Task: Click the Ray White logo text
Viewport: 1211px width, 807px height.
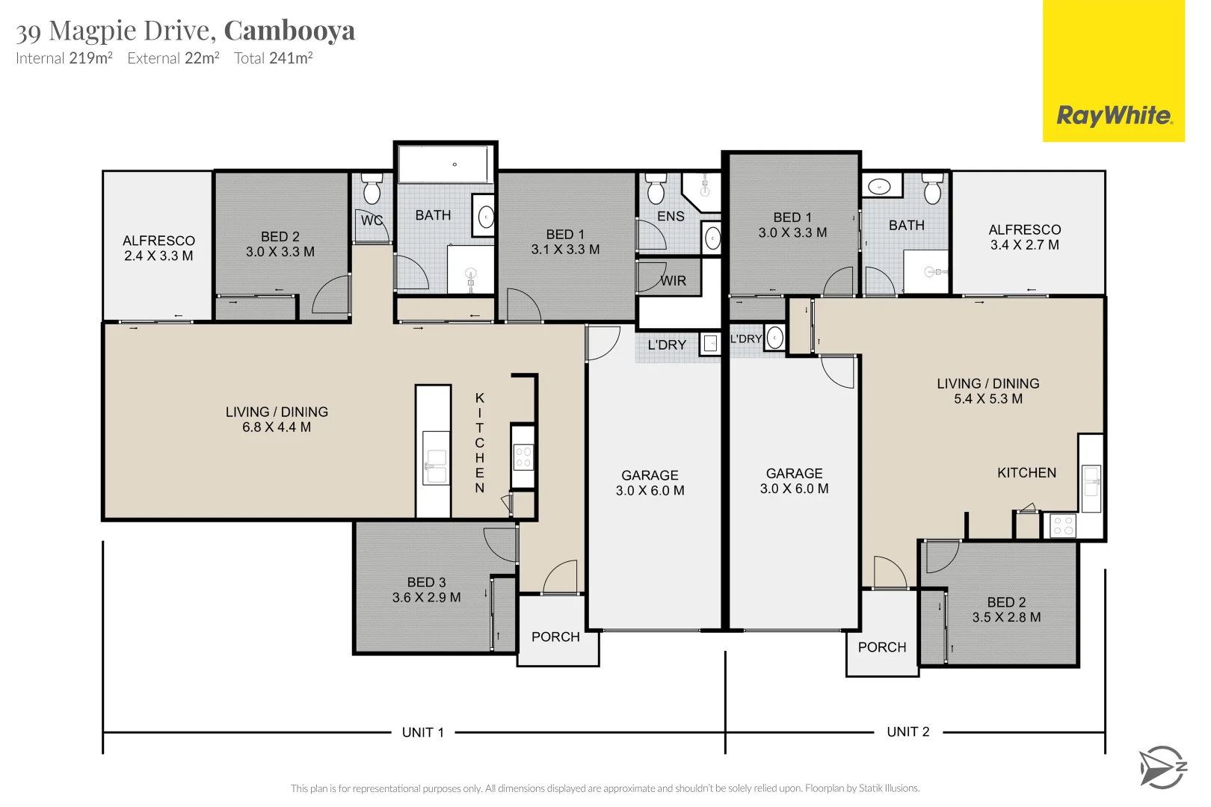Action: (1114, 116)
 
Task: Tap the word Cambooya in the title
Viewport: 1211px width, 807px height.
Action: (289, 31)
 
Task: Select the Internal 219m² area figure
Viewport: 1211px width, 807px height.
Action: (64, 58)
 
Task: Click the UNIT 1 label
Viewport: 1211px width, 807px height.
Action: (423, 732)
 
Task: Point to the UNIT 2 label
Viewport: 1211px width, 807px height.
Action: (908, 732)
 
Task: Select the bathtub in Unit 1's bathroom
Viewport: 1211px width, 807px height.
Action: (445, 164)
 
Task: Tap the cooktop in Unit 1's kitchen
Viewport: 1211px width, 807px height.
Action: (523, 457)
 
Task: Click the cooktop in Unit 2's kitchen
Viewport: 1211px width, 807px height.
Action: (1063, 525)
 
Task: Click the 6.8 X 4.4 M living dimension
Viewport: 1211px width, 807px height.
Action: (277, 427)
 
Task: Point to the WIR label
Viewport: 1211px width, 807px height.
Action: (673, 281)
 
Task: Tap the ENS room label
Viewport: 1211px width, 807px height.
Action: (671, 217)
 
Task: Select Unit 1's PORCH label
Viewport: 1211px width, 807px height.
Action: (555, 637)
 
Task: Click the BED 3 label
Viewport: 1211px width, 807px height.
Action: (426, 582)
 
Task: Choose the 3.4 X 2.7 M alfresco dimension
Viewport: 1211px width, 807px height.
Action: (1024, 245)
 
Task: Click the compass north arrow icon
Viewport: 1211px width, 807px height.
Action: (1162, 767)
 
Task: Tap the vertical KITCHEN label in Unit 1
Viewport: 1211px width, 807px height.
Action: (480, 442)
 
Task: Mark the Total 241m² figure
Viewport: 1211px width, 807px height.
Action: (274, 58)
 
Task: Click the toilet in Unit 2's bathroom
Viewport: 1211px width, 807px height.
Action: (932, 190)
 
